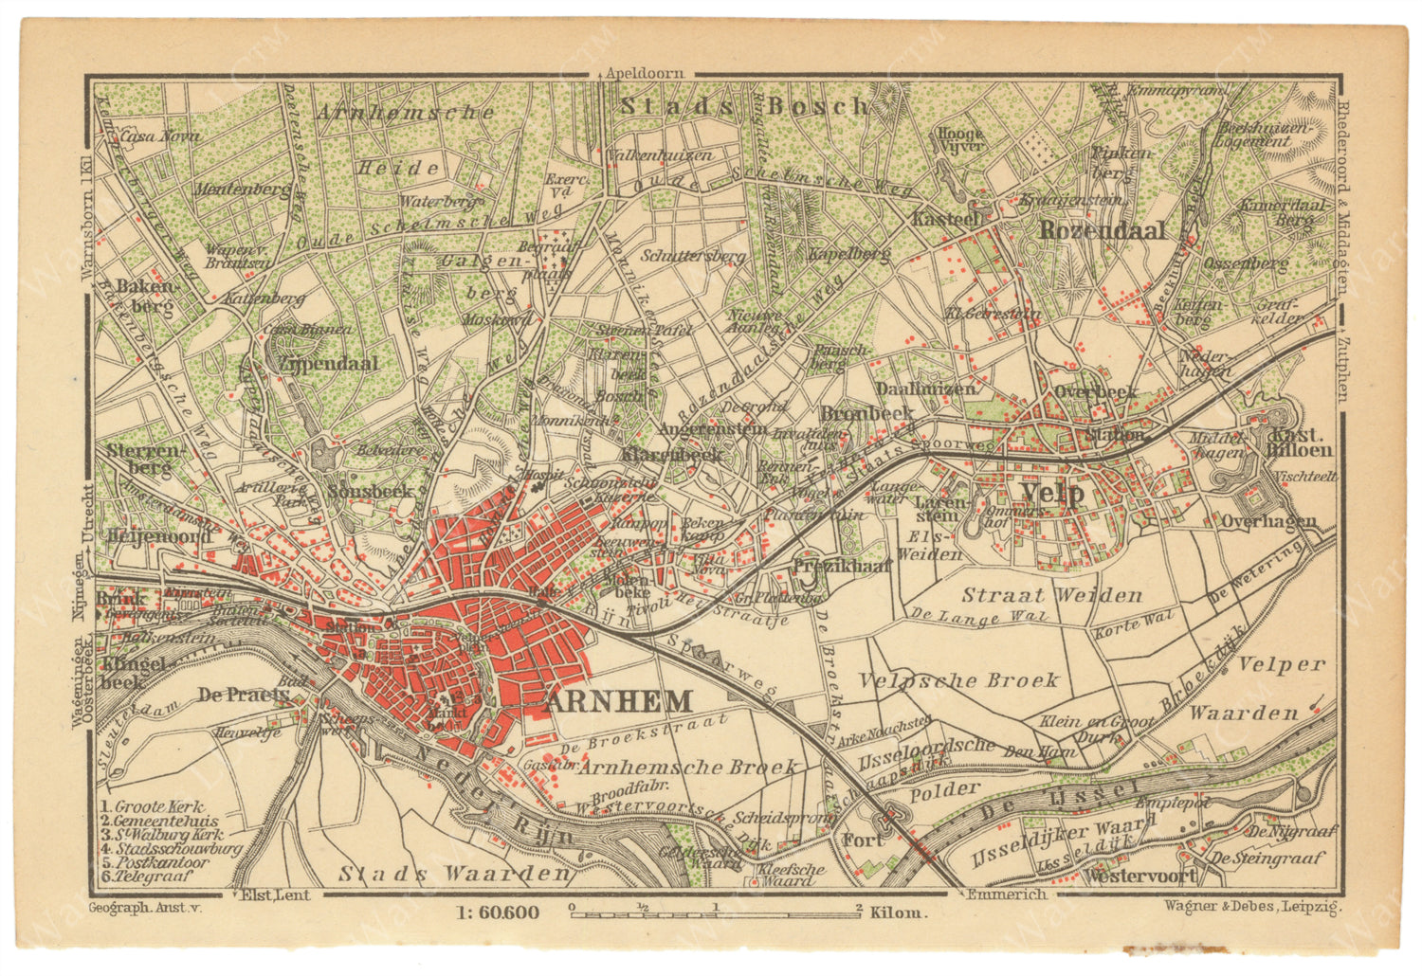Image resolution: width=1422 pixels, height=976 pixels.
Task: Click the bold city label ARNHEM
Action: [x=618, y=702]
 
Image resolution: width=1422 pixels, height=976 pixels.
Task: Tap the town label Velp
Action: [x=1052, y=494]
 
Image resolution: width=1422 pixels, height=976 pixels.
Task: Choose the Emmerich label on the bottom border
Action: [x=1007, y=894]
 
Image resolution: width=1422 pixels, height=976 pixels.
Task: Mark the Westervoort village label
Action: [x=1139, y=876]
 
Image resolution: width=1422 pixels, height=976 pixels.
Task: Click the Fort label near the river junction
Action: [x=864, y=840]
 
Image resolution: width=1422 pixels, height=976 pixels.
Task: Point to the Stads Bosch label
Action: [x=743, y=106]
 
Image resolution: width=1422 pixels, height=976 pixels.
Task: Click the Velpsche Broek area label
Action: [x=957, y=680]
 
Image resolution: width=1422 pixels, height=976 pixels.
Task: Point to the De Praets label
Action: [x=243, y=695]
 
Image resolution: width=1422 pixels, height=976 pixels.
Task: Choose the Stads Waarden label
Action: [x=455, y=873]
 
